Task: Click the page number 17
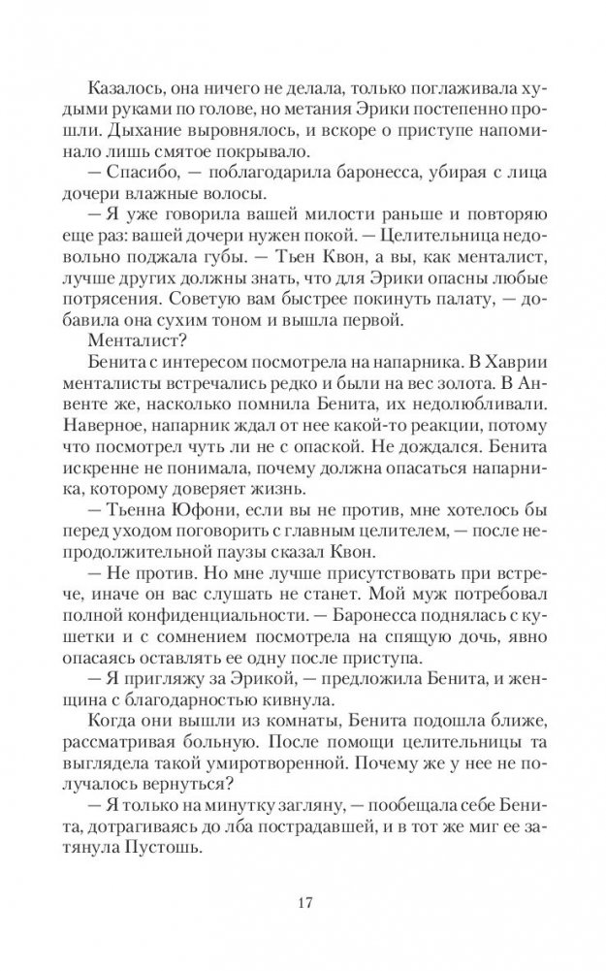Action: point(303,905)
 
